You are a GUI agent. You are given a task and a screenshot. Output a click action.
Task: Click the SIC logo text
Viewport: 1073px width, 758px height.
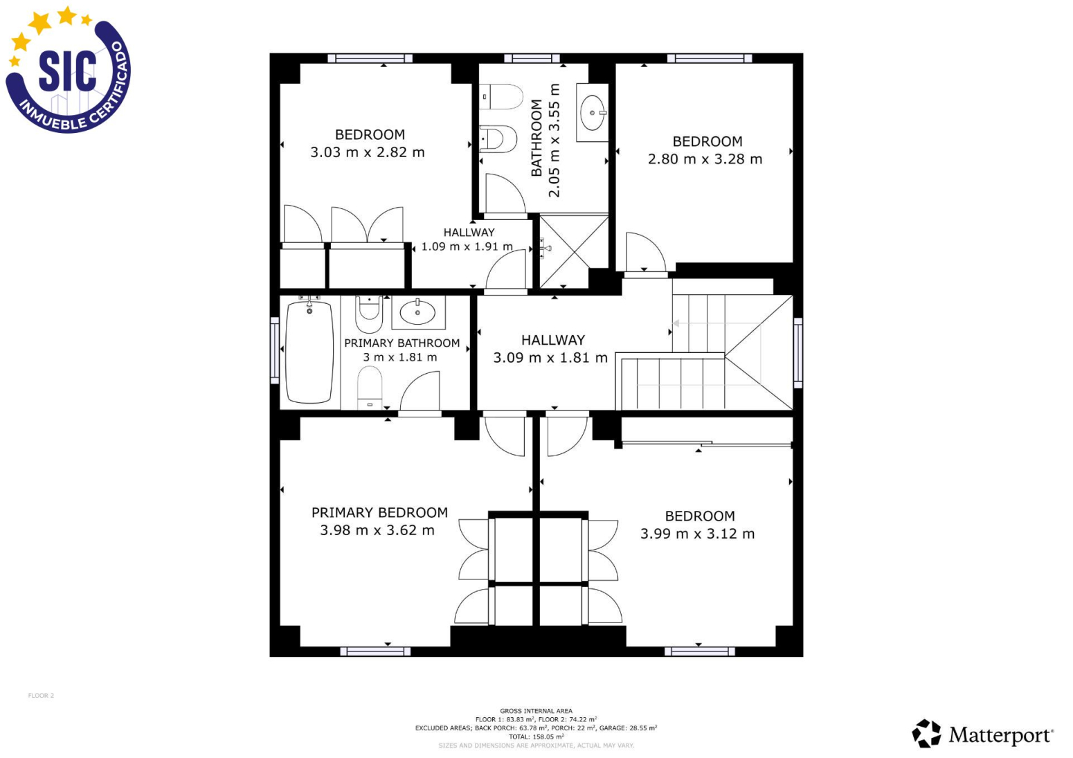click(x=68, y=72)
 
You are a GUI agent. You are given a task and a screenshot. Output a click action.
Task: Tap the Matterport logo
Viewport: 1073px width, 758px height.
click(x=982, y=734)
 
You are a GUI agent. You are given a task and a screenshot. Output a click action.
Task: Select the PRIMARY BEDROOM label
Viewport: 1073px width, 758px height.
click(x=379, y=513)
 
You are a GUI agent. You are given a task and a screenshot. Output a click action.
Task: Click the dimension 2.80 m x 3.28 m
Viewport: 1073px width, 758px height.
click(x=705, y=159)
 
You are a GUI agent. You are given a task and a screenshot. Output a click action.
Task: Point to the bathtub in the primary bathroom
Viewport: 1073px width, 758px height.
click(x=309, y=352)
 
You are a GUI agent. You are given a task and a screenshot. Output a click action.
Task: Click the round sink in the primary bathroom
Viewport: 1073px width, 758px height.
click(x=417, y=313)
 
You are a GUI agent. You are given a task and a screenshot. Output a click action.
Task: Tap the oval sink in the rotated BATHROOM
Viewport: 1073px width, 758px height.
click(x=593, y=113)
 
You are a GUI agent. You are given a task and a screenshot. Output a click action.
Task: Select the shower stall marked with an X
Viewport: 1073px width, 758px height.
click(x=574, y=251)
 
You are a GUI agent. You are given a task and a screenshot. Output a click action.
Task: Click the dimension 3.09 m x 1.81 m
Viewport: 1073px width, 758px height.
click(x=550, y=358)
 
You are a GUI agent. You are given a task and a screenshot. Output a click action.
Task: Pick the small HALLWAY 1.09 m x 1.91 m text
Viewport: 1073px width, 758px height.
click(x=467, y=240)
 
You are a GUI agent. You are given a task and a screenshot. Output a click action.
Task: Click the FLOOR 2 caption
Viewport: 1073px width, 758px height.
click(x=42, y=695)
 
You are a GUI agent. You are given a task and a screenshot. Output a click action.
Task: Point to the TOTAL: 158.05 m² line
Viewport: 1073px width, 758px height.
click(x=536, y=737)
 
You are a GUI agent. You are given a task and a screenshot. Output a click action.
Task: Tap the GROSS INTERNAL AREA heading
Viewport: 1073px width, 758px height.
click(x=536, y=711)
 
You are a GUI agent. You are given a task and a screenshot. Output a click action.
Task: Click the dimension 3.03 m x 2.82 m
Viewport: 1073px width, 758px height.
click(x=368, y=152)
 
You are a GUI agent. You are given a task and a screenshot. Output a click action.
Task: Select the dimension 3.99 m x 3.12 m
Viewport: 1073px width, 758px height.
click(x=698, y=534)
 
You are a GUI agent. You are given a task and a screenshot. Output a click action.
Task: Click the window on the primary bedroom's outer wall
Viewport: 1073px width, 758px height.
click(x=375, y=651)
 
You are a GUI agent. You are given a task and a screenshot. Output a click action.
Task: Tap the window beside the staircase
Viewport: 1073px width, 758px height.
click(x=798, y=352)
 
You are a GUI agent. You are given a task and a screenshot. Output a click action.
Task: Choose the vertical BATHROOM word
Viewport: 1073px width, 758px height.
click(x=536, y=138)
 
